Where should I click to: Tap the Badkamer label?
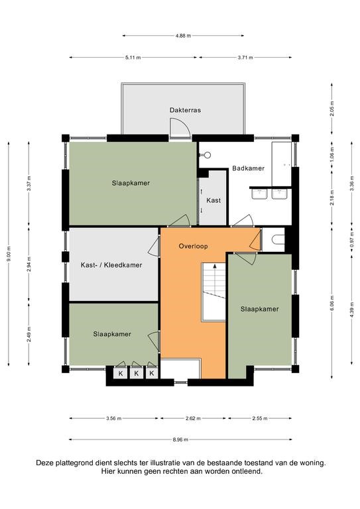pyautogui.click(x=248, y=168)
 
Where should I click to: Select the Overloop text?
pyautogui.click(x=194, y=246)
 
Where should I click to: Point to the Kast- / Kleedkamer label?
pyautogui.click(x=111, y=265)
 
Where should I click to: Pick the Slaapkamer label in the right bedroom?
pyautogui.click(x=259, y=309)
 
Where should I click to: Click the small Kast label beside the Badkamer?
pyautogui.click(x=213, y=199)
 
